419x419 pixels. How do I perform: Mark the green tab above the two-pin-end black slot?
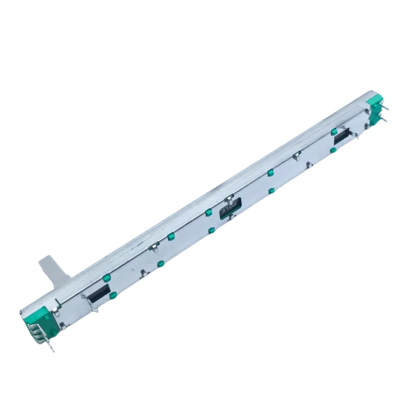pyautogui.click(x=334, y=131)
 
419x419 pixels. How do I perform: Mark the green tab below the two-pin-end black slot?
pyautogui.click(x=333, y=150)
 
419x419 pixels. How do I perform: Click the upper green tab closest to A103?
pyautogui.click(x=208, y=212)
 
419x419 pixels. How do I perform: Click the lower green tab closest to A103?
pyautogui.click(x=210, y=229)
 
